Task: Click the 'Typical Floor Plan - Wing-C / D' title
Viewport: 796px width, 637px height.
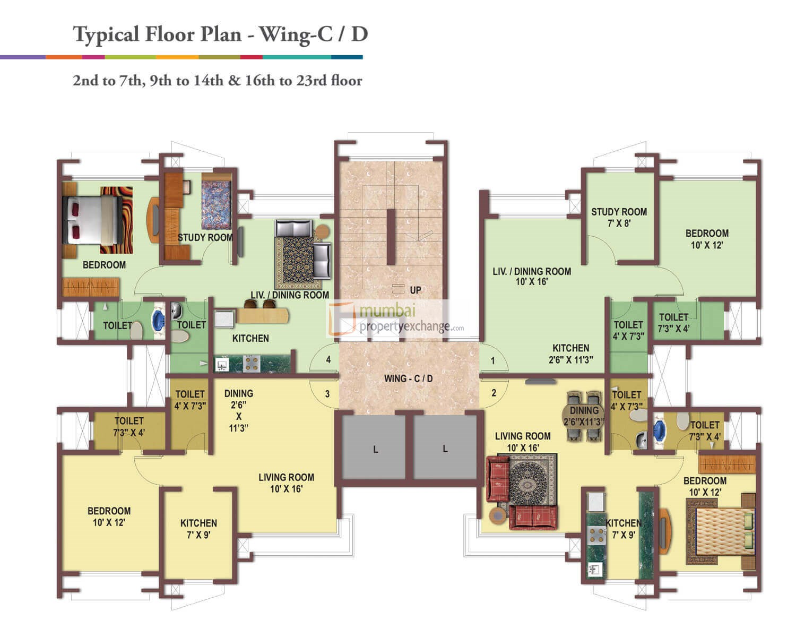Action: tap(220, 35)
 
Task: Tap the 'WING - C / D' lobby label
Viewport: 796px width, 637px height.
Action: tap(408, 378)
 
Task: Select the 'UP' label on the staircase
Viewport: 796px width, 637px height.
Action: tap(415, 290)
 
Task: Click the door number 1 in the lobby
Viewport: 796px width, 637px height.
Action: tap(493, 361)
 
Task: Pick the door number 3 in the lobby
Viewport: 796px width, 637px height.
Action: tap(327, 394)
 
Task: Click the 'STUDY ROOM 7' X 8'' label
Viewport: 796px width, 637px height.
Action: tap(619, 218)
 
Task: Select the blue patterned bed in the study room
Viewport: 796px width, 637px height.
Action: tap(217, 204)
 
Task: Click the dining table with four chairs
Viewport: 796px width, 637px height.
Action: tap(584, 416)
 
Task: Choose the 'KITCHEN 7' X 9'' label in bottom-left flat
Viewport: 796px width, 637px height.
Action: tap(198, 529)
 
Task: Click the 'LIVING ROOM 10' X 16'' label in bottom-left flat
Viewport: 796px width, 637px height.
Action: tap(286, 483)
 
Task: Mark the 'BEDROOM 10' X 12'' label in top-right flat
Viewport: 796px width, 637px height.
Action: tap(706, 239)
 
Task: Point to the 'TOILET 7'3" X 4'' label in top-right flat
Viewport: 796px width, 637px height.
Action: tap(673, 323)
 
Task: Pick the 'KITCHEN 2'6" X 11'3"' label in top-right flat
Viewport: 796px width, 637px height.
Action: tap(570, 354)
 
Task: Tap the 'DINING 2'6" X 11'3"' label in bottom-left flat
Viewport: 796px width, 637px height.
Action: tap(238, 410)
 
